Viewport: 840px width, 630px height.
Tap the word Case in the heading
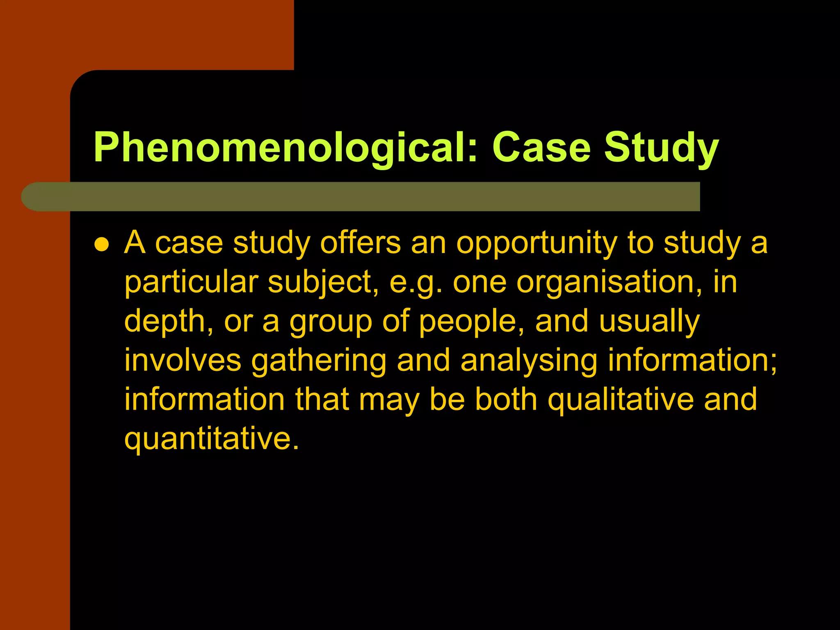(x=541, y=148)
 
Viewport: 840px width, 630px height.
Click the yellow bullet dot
(x=101, y=245)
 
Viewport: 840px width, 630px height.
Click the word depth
(x=169, y=322)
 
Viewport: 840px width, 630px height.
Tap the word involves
(x=183, y=360)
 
